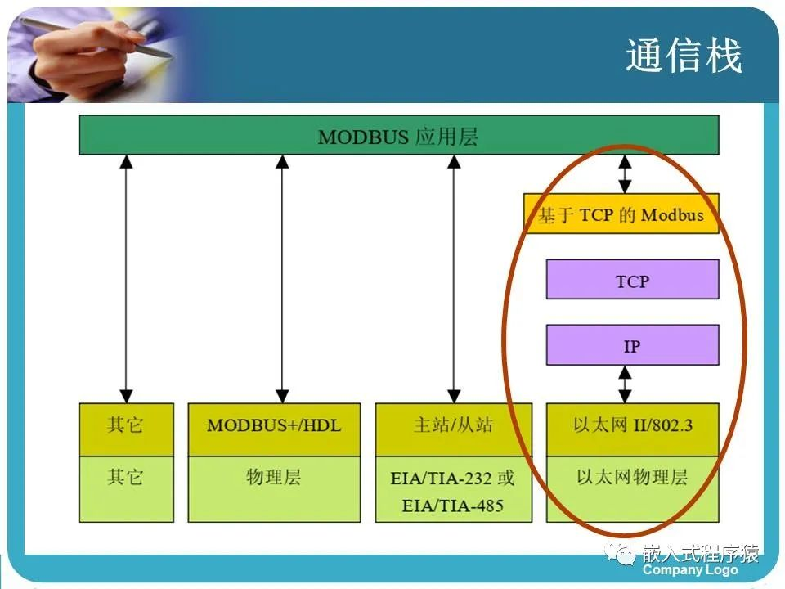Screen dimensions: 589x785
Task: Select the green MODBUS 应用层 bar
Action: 398,135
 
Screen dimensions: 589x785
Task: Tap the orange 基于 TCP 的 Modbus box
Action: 621,214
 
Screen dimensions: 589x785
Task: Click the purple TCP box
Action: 632,280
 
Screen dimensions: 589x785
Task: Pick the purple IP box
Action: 632,345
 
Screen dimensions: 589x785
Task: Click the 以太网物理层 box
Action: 632,488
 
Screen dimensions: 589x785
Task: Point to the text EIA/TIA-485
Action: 453,506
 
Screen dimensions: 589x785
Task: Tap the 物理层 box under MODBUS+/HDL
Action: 274,488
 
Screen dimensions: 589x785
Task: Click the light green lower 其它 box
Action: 126,488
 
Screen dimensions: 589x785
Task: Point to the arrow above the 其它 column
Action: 126,278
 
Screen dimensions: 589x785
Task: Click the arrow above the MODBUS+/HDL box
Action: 282,278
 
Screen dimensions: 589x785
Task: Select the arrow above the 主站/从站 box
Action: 453,278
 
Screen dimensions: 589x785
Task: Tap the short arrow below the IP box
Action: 626,384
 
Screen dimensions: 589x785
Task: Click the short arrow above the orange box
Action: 626,173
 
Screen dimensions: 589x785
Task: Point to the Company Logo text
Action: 690,570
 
